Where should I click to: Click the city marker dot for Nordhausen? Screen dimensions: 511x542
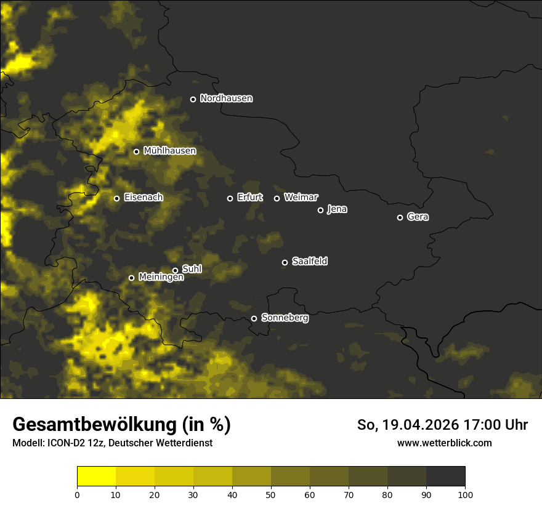click(x=193, y=99)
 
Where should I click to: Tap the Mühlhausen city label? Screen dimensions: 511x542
click(x=169, y=151)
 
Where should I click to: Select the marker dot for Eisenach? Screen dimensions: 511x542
click(x=116, y=198)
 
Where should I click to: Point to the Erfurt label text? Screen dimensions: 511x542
click(x=249, y=198)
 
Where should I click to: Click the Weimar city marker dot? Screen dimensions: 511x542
click(x=277, y=198)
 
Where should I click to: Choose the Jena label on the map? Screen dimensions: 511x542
click(x=337, y=209)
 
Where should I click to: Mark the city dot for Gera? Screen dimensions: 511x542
click(x=400, y=217)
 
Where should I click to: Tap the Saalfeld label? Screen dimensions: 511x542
click(x=309, y=262)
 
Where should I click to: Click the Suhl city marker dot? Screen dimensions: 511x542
click(x=175, y=270)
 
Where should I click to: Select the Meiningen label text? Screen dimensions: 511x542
click(x=161, y=278)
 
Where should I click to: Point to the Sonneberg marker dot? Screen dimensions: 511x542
click(x=254, y=318)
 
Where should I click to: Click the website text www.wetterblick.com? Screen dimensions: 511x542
click(x=444, y=443)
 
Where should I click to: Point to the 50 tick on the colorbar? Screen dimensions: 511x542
click(x=271, y=494)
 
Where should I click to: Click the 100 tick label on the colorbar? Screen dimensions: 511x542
click(x=465, y=494)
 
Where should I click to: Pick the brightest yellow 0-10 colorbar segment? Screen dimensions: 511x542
click(x=96, y=476)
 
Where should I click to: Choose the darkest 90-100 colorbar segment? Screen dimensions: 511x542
click(x=445, y=476)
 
